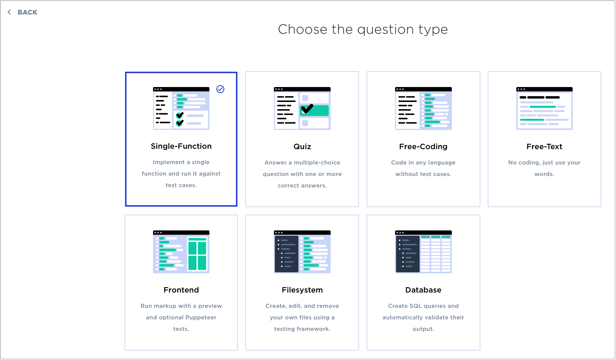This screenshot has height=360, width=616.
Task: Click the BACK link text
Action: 27,12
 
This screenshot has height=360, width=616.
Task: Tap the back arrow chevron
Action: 9,12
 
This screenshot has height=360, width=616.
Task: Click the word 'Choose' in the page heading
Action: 302,29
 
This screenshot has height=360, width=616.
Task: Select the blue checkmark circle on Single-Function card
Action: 220,89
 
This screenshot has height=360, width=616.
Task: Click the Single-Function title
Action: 181,146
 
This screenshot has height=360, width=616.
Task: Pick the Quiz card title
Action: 302,146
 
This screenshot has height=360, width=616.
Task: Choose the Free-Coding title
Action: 423,146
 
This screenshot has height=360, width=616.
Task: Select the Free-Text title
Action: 544,146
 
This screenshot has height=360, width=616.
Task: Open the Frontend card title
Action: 181,290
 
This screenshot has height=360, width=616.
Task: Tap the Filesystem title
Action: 302,290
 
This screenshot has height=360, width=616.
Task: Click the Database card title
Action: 423,290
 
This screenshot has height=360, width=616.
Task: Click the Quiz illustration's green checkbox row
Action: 314,110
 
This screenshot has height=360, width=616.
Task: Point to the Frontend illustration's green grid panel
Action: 197,254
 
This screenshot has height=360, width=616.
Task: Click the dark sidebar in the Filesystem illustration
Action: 286,254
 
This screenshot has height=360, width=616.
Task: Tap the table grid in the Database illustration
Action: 436,254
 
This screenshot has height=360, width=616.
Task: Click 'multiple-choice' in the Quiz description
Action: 317,163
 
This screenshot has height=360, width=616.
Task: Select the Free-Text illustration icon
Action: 544,108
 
